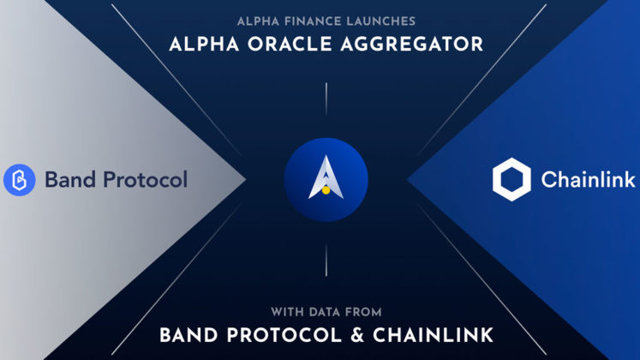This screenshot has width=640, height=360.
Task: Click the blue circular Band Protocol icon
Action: click(19, 180)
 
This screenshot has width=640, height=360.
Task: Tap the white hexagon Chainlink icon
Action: click(511, 179)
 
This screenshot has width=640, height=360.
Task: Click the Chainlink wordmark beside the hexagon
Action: click(588, 180)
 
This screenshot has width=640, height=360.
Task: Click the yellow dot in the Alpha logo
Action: click(326, 189)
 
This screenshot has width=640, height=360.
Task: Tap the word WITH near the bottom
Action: click(288, 310)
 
